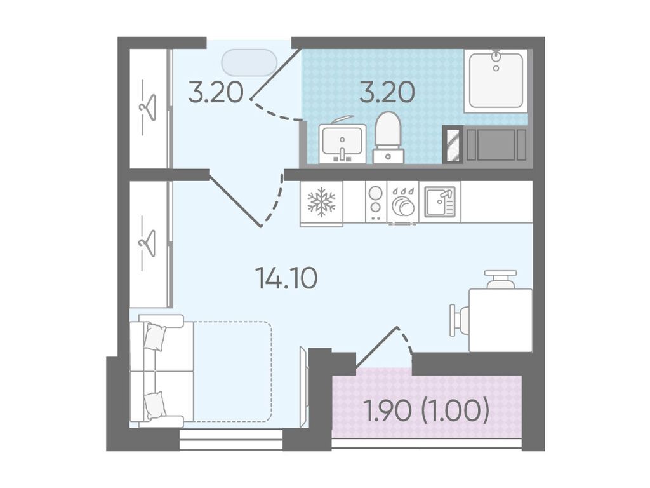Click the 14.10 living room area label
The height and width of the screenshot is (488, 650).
pyautogui.click(x=286, y=278)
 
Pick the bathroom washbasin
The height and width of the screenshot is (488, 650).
pyautogui.click(x=342, y=142)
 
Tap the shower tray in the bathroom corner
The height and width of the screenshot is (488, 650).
pyautogui.click(x=496, y=81)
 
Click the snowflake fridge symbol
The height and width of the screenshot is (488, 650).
pyautogui.click(x=321, y=202)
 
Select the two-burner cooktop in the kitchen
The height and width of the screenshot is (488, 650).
pyautogui.click(x=376, y=201)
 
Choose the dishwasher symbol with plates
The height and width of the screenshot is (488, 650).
pyautogui.click(x=402, y=202)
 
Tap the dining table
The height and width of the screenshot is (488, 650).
pyautogui.click(x=501, y=320)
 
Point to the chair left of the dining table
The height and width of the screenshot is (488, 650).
pyautogui.click(x=460, y=320)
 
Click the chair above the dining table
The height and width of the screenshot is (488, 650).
pyautogui.click(x=500, y=280)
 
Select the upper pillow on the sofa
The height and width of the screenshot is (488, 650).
pyautogui.click(x=155, y=337)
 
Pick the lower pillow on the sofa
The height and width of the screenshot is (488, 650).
pyautogui.click(x=155, y=405)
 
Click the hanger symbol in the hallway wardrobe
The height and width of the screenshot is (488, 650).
pyautogui.click(x=148, y=107)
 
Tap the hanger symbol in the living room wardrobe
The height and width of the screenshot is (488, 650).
pyautogui.click(x=148, y=243)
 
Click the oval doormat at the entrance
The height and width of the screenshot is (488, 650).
pyautogui.click(x=249, y=63)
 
